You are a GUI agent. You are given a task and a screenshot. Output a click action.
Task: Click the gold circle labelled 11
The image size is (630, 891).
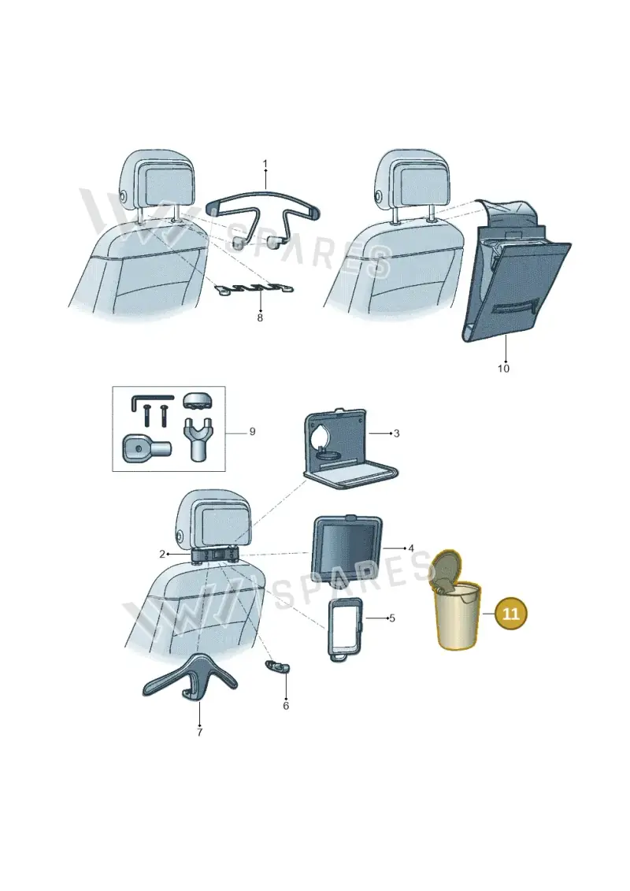[511, 614]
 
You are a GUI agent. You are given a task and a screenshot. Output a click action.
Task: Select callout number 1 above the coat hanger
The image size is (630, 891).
[265, 164]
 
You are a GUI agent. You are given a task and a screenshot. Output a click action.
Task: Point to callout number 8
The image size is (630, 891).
[260, 318]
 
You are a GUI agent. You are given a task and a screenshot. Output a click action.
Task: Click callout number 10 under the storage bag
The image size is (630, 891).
[503, 369]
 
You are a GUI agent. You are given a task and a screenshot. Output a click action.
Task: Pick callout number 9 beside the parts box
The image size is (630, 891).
[252, 432]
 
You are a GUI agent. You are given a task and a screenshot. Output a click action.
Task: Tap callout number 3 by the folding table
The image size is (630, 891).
[397, 433]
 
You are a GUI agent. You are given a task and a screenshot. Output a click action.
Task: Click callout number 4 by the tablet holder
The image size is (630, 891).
[411, 549]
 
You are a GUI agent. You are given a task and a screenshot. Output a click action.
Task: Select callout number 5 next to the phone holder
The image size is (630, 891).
[392, 618]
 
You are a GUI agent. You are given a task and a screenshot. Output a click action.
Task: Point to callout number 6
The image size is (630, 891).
[286, 706]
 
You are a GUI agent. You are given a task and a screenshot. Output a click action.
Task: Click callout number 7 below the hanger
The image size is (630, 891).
[199, 733]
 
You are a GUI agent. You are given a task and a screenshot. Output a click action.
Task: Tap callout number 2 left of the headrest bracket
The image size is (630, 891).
[162, 554]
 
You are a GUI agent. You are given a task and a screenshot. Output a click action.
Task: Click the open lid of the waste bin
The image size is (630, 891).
[447, 570]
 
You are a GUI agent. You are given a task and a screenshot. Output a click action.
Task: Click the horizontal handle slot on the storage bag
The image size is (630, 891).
[516, 307]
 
